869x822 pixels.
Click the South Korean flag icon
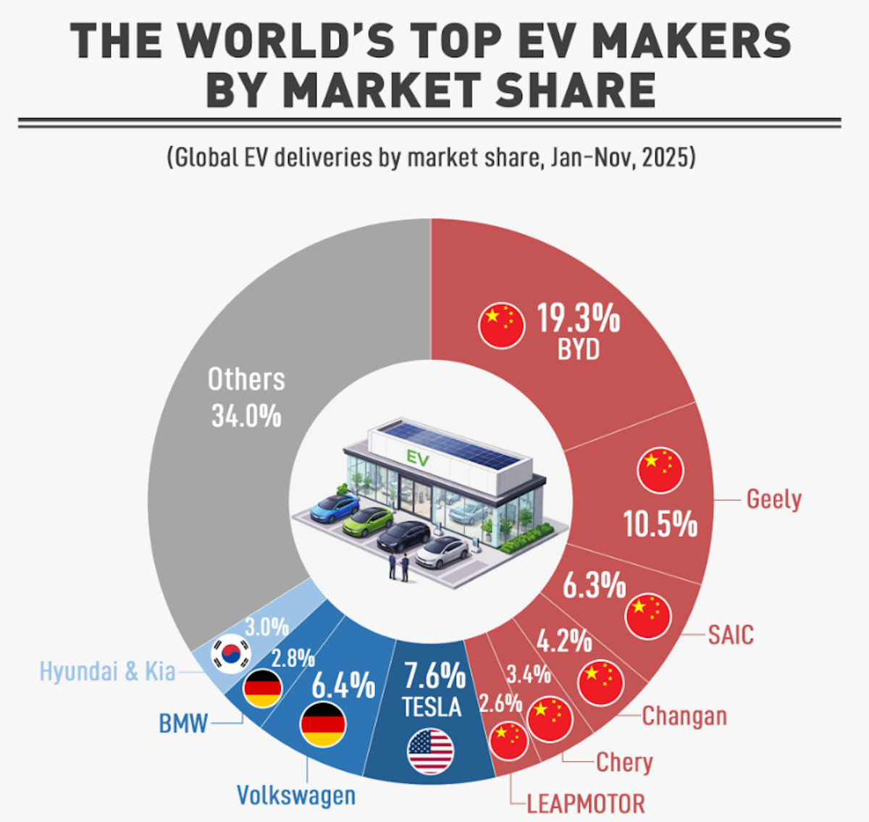[230, 654]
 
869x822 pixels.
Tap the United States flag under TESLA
[431, 752]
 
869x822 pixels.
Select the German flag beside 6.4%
[322, 724]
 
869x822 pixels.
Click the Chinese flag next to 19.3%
[501, 325]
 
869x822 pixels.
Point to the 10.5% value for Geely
[660, 524]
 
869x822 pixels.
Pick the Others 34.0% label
[246, 398]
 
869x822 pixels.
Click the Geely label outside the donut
[773, 500]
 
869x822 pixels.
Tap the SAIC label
[730, 635]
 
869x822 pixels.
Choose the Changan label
[684, 716]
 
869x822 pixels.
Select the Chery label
[624, 762]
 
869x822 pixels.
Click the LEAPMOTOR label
[585, 804]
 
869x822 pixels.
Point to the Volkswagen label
[296, 795]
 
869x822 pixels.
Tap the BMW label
[183, 723]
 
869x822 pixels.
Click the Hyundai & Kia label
[107, 671]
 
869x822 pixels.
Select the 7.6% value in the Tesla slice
[434, 676]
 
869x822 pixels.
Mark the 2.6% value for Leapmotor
[500, 703]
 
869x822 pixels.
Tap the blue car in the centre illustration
[335, 508]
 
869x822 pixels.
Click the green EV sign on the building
[418, 458]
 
